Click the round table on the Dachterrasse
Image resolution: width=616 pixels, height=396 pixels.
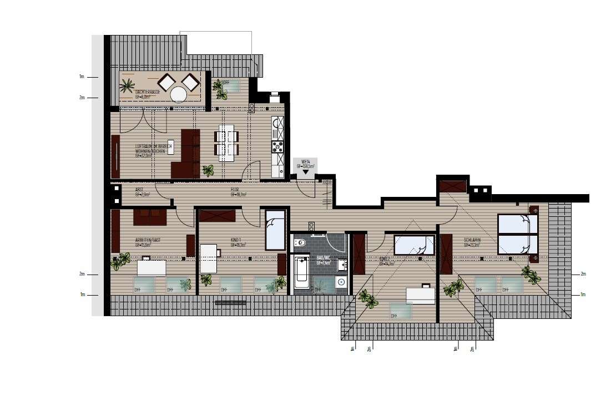click(x=179, y=94)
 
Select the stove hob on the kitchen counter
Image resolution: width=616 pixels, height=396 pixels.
click(x=277, y=146)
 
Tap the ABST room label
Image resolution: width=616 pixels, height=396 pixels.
click(x=140, y=190)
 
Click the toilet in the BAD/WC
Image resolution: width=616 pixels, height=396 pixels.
click(x=300, y=243)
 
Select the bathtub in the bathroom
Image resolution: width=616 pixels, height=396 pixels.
click(x=300, y=272)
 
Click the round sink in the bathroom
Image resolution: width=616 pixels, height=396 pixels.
click(x=341, y=281)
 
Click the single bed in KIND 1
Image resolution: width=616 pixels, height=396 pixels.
click(x=275, y=230)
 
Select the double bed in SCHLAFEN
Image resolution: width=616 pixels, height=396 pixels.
click(x=517, y=234)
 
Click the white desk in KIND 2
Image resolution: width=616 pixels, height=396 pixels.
click(x=420, y=295)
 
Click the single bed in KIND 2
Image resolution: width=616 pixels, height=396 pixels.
click(x=414, y=245)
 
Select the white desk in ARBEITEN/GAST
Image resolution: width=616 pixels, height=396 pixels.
click(x=152, y=267)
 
